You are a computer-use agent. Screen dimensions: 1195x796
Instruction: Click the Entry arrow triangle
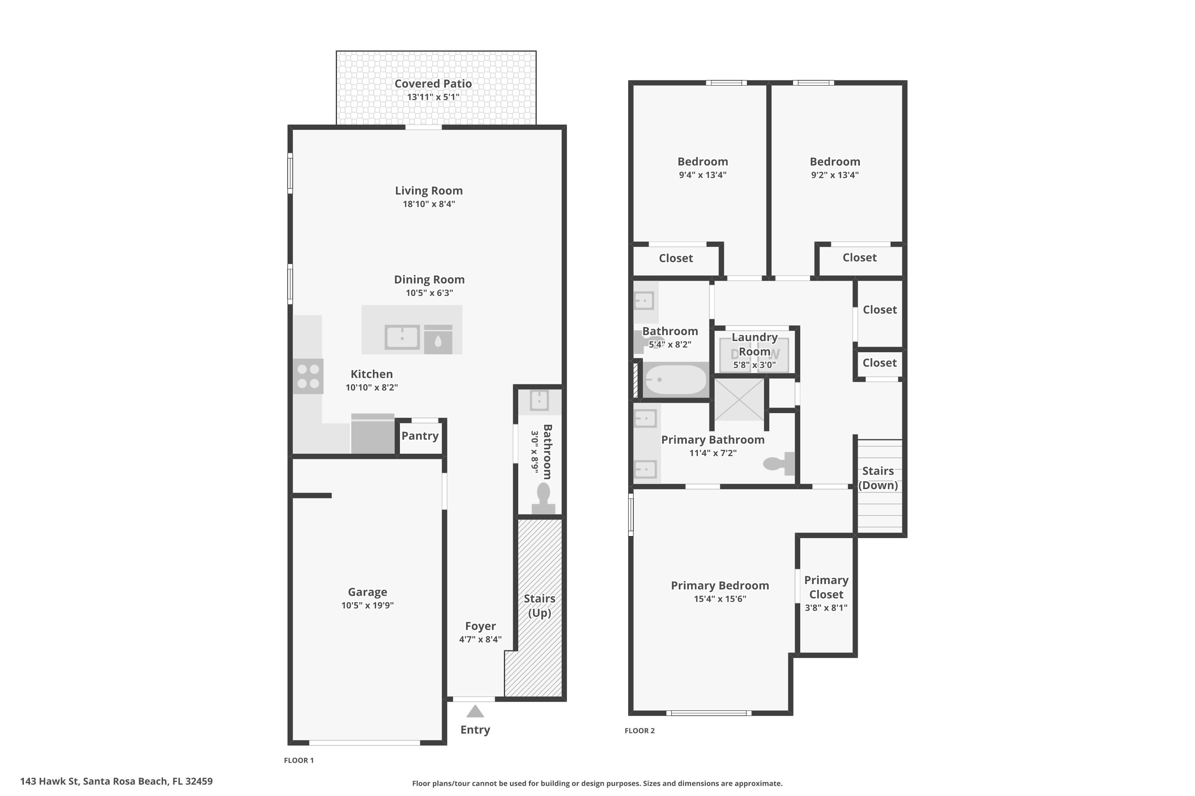pos(475,711)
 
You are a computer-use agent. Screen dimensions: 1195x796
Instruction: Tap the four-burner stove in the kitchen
pos(308,376)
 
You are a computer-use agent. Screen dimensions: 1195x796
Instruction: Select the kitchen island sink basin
pos(402,337)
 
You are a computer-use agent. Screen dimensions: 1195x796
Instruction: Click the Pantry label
pos(420,435)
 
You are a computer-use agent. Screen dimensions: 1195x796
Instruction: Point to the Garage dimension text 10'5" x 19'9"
pos(367,605)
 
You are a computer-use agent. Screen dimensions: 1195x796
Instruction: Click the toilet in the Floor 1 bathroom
pos(543,499)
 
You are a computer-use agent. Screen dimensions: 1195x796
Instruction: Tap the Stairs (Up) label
pos(540,606)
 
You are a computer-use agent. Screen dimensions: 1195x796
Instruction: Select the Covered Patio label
pos(433,84)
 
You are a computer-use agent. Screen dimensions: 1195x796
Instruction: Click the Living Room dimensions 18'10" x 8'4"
pos(429,204)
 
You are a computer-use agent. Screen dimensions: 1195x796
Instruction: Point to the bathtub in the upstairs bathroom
pos(675,379)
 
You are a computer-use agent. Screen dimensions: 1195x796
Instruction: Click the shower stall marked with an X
pos(739,400)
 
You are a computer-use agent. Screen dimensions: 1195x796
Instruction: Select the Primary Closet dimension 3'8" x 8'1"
pos(826,608)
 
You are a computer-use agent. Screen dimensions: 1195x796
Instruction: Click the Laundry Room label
pos(754,344)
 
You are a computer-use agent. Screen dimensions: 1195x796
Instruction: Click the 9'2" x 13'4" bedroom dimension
pos(835,175)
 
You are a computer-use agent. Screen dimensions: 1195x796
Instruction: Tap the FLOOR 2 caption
pos(640,730)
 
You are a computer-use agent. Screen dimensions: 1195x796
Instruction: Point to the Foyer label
pos(480,626)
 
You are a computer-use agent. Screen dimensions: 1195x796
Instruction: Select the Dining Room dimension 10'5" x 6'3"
pos(429,293)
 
